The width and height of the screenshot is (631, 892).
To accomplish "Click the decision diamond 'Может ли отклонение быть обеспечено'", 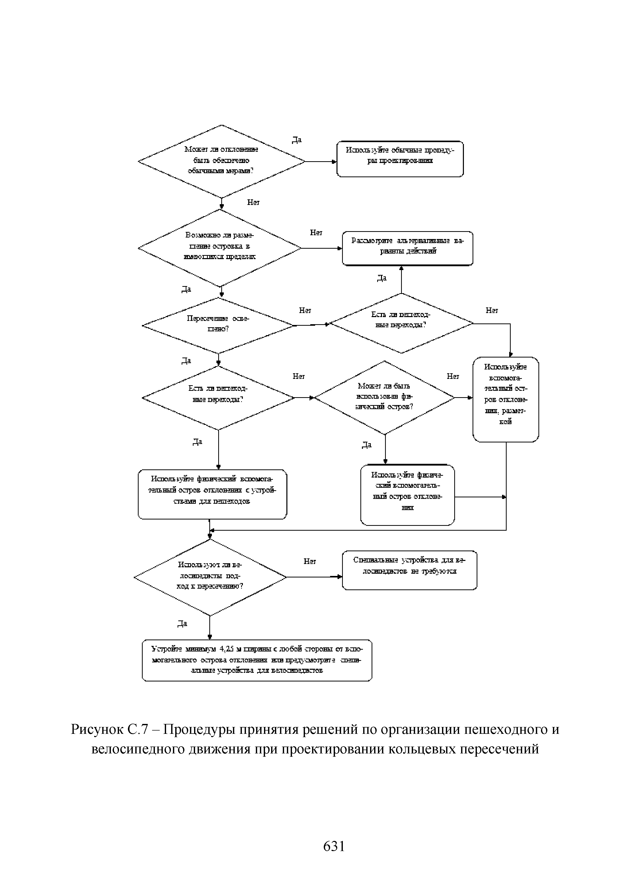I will click(x=222, y=161).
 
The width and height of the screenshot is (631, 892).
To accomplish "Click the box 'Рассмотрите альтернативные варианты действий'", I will click(x=407, y=248).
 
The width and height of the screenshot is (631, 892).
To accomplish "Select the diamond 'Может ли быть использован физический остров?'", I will click(x=385, y=397).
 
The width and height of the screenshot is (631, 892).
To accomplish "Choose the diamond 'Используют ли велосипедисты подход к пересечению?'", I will click(x=210, y=577).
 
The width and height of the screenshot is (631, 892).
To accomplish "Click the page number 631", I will click(x=334, y=846).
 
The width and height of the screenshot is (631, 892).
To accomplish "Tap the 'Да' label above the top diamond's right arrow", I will click(x=297, y=140).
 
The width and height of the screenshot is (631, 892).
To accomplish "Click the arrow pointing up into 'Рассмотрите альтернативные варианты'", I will click(x=401, y=280).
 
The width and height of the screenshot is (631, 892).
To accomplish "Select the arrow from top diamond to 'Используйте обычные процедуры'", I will click(x=320, y=161).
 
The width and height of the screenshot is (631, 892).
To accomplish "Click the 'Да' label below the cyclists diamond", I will click(x=182, y=623).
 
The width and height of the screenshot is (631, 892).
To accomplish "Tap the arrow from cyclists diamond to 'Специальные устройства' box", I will click(x=314, y=577).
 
